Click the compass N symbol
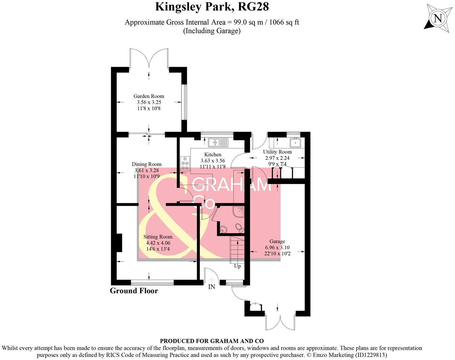point(438,18)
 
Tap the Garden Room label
point(149,96)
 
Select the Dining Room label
point(147,164)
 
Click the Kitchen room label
point(213,155)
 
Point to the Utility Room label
point(277,152)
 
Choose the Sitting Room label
point(158,237)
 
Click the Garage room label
point(277,242)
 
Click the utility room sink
point(296,142)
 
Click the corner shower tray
point(238,211)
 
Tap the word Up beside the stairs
point(238,266)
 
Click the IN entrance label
point(212,287)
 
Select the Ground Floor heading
point(134,291)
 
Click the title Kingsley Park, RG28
point(212,7)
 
